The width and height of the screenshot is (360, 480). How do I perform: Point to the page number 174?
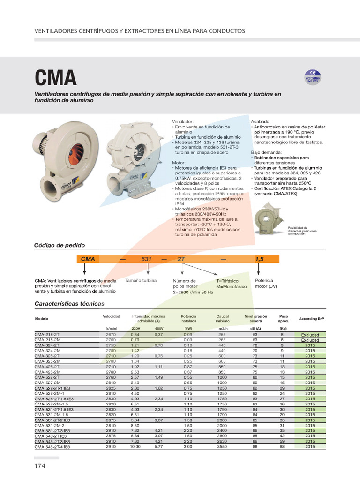[x=40, y=467]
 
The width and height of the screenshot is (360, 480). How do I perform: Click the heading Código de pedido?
[x=60, y=245]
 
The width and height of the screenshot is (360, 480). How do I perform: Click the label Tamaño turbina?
[x=141, y=280]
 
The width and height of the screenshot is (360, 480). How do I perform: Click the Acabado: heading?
[x=260, y=121]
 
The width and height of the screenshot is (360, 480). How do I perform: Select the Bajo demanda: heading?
[x=266, y=152]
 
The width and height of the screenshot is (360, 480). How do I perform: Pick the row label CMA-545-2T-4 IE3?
[x=52, y=447]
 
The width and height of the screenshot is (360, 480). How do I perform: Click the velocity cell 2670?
[x=111, y=335]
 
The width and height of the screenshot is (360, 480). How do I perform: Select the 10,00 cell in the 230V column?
[x=135, y=447]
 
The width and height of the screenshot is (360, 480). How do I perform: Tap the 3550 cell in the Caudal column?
[x=222, y=447]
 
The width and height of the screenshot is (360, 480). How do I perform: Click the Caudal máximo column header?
[x=222, y=319]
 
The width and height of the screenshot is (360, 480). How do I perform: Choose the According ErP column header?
[x=311, y=319]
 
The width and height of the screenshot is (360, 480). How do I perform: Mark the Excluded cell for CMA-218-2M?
[x=310, y=340]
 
